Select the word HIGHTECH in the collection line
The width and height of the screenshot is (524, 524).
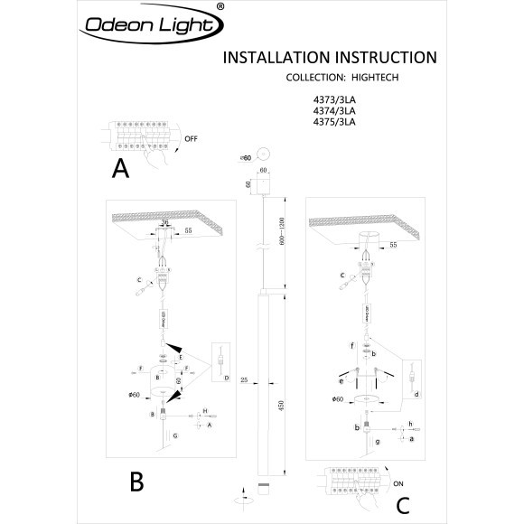pyautogui.click(x=374, y=79)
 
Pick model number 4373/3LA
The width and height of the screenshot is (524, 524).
pyautogui.click(x=335, y=100)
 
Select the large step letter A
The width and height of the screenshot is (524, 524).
pyautogui.click(x=121, y=168)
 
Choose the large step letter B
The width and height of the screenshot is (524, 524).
pyautogui.click(x=136, y=482)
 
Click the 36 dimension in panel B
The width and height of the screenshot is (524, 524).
pyautogui.click(x=164, y=221)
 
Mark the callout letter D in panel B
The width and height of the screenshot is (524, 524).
pyautogui.click(x=226, y=376)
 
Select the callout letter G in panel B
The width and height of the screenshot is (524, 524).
pyautogui.click(x=174, y=435)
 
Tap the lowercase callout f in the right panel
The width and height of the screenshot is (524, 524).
pyautogui.click(x=351, y=346)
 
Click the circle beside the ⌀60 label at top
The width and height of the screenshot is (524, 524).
pyautogui.click(x=265, y=155)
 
